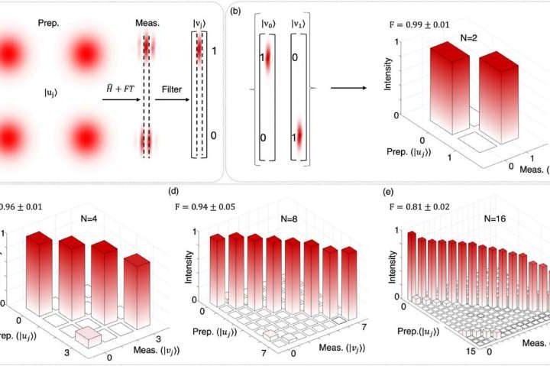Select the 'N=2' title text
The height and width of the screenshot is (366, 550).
[454, 37]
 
